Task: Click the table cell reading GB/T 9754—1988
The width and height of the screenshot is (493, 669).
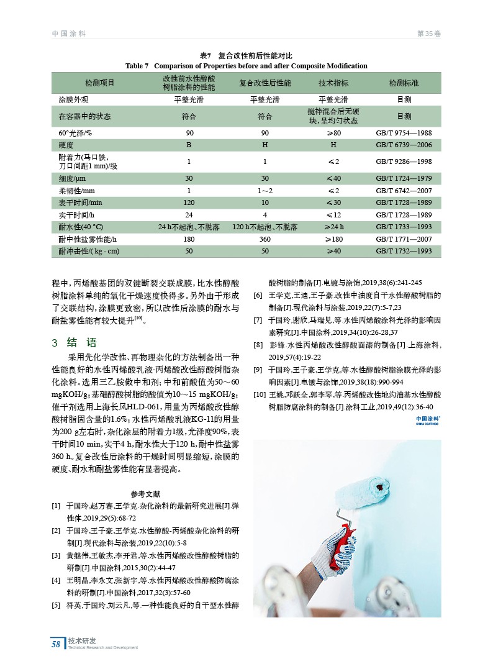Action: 404,133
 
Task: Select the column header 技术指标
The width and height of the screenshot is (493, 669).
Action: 333,83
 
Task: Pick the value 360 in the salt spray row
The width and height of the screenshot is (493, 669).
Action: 265,239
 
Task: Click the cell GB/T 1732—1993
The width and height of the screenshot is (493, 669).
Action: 404,251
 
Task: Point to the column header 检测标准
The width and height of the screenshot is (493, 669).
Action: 404,83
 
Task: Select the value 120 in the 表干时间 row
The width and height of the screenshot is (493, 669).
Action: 189,203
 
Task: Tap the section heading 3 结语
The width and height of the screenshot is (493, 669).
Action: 74,342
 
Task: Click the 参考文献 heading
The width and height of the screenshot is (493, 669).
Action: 146,494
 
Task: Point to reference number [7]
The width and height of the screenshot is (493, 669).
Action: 258,321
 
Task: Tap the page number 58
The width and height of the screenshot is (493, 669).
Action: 56,644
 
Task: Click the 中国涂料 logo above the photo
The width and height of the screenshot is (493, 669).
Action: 428,421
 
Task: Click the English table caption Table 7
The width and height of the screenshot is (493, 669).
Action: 138,66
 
